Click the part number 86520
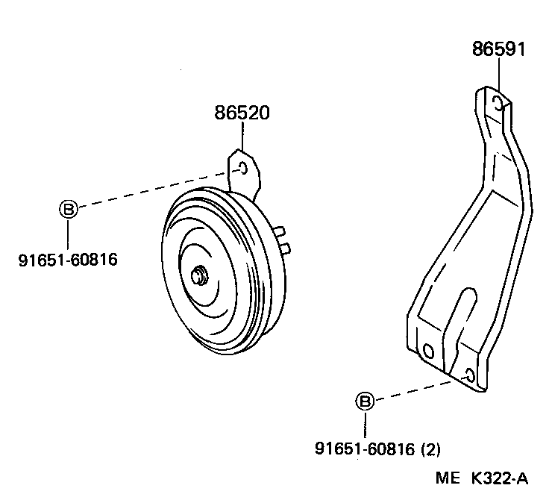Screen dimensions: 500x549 (242, 113)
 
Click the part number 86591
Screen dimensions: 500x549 (498, 49)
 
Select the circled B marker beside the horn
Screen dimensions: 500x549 (68, 209)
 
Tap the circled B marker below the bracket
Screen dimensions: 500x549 (364, 401)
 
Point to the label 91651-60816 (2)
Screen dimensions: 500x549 (377, 449)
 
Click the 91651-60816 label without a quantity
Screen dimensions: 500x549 (68, 260)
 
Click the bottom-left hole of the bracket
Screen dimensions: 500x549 (427, 350)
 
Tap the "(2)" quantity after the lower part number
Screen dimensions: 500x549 (430, 449)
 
